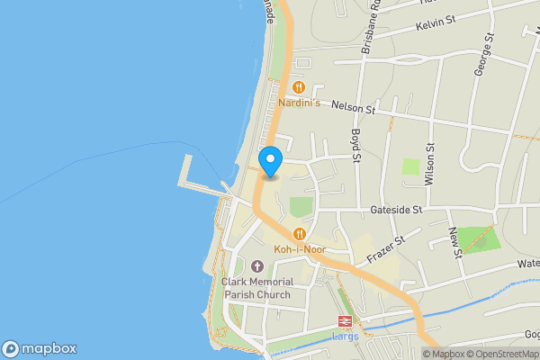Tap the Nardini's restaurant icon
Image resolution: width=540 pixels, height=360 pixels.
[x=298, y=87]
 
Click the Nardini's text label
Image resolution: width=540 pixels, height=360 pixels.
[x=299, y=103]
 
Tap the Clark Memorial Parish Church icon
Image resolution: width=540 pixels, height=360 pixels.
[x=256, y=266]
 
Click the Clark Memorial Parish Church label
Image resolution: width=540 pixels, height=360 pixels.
[x=256, y=288]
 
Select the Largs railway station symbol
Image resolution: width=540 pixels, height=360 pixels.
[x=345, y=321]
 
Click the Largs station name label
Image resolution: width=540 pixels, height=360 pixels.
[x=345, y=337]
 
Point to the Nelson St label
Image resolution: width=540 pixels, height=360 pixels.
[x=352, y=106]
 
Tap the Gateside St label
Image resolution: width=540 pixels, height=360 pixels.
[x=396, y=210]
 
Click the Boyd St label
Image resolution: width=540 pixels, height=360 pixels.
[x=356, y=145]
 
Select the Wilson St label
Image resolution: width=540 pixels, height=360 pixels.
[x=431, y=164]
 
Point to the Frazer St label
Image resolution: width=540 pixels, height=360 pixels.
[x=387, y=251]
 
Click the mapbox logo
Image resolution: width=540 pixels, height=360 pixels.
[x=40, y=348]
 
